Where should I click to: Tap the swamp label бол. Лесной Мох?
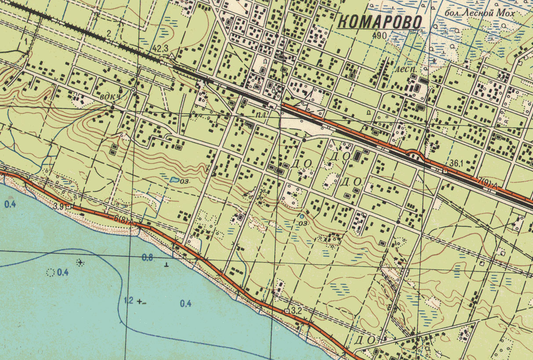tap(486, 13)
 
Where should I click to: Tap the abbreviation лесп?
tap(406, 69)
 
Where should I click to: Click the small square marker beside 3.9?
tap(68, 206)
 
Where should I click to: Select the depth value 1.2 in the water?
tap(128, 301)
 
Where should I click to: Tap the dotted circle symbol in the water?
tap(50, 273)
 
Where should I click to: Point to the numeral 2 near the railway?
tap(109, 34)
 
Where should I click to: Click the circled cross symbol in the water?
tap(80, 263)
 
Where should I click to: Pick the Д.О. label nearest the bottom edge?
tap(365, 340)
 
